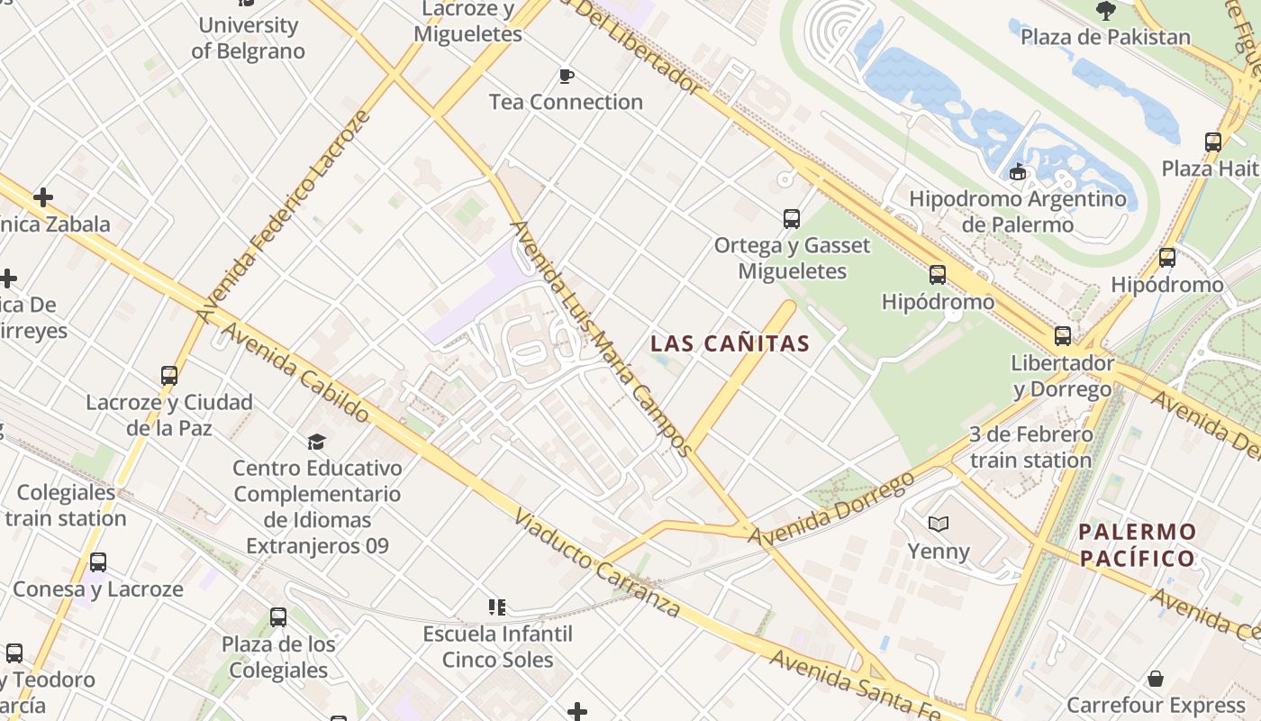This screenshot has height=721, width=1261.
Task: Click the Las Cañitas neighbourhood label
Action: (x=730, y=343)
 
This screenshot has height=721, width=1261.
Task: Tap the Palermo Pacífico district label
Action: (x=1137, y=544)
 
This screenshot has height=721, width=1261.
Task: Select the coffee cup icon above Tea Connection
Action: (x=566, y=76)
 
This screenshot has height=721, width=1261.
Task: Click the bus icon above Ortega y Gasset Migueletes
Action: (x=792, y=218)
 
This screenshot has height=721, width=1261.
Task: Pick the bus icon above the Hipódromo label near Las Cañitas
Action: (x=938, y=275)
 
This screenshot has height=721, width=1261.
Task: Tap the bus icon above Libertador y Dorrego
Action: (x=1063, y=336)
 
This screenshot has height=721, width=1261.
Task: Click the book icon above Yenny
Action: (x=939, y=524)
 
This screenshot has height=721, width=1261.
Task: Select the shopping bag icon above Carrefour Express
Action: (x=1156, y=679)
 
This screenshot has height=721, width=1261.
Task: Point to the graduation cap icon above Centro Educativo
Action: (x=316, y=442)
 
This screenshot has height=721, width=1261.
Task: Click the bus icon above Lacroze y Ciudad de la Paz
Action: (x=169, y=375)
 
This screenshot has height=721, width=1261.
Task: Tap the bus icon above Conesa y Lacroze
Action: (x=98, y=562)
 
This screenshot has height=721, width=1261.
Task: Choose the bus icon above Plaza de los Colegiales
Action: (x=278, y=617)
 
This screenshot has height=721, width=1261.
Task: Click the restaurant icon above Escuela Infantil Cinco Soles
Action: (x=497, y=607)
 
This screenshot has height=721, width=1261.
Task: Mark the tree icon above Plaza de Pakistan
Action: (x=1106, y=11)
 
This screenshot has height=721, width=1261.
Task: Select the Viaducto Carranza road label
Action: (x=597, y=563)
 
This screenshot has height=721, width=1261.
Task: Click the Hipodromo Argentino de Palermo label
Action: (x=1018, y=211)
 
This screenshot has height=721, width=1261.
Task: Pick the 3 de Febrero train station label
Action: (x=1031, y=447)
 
